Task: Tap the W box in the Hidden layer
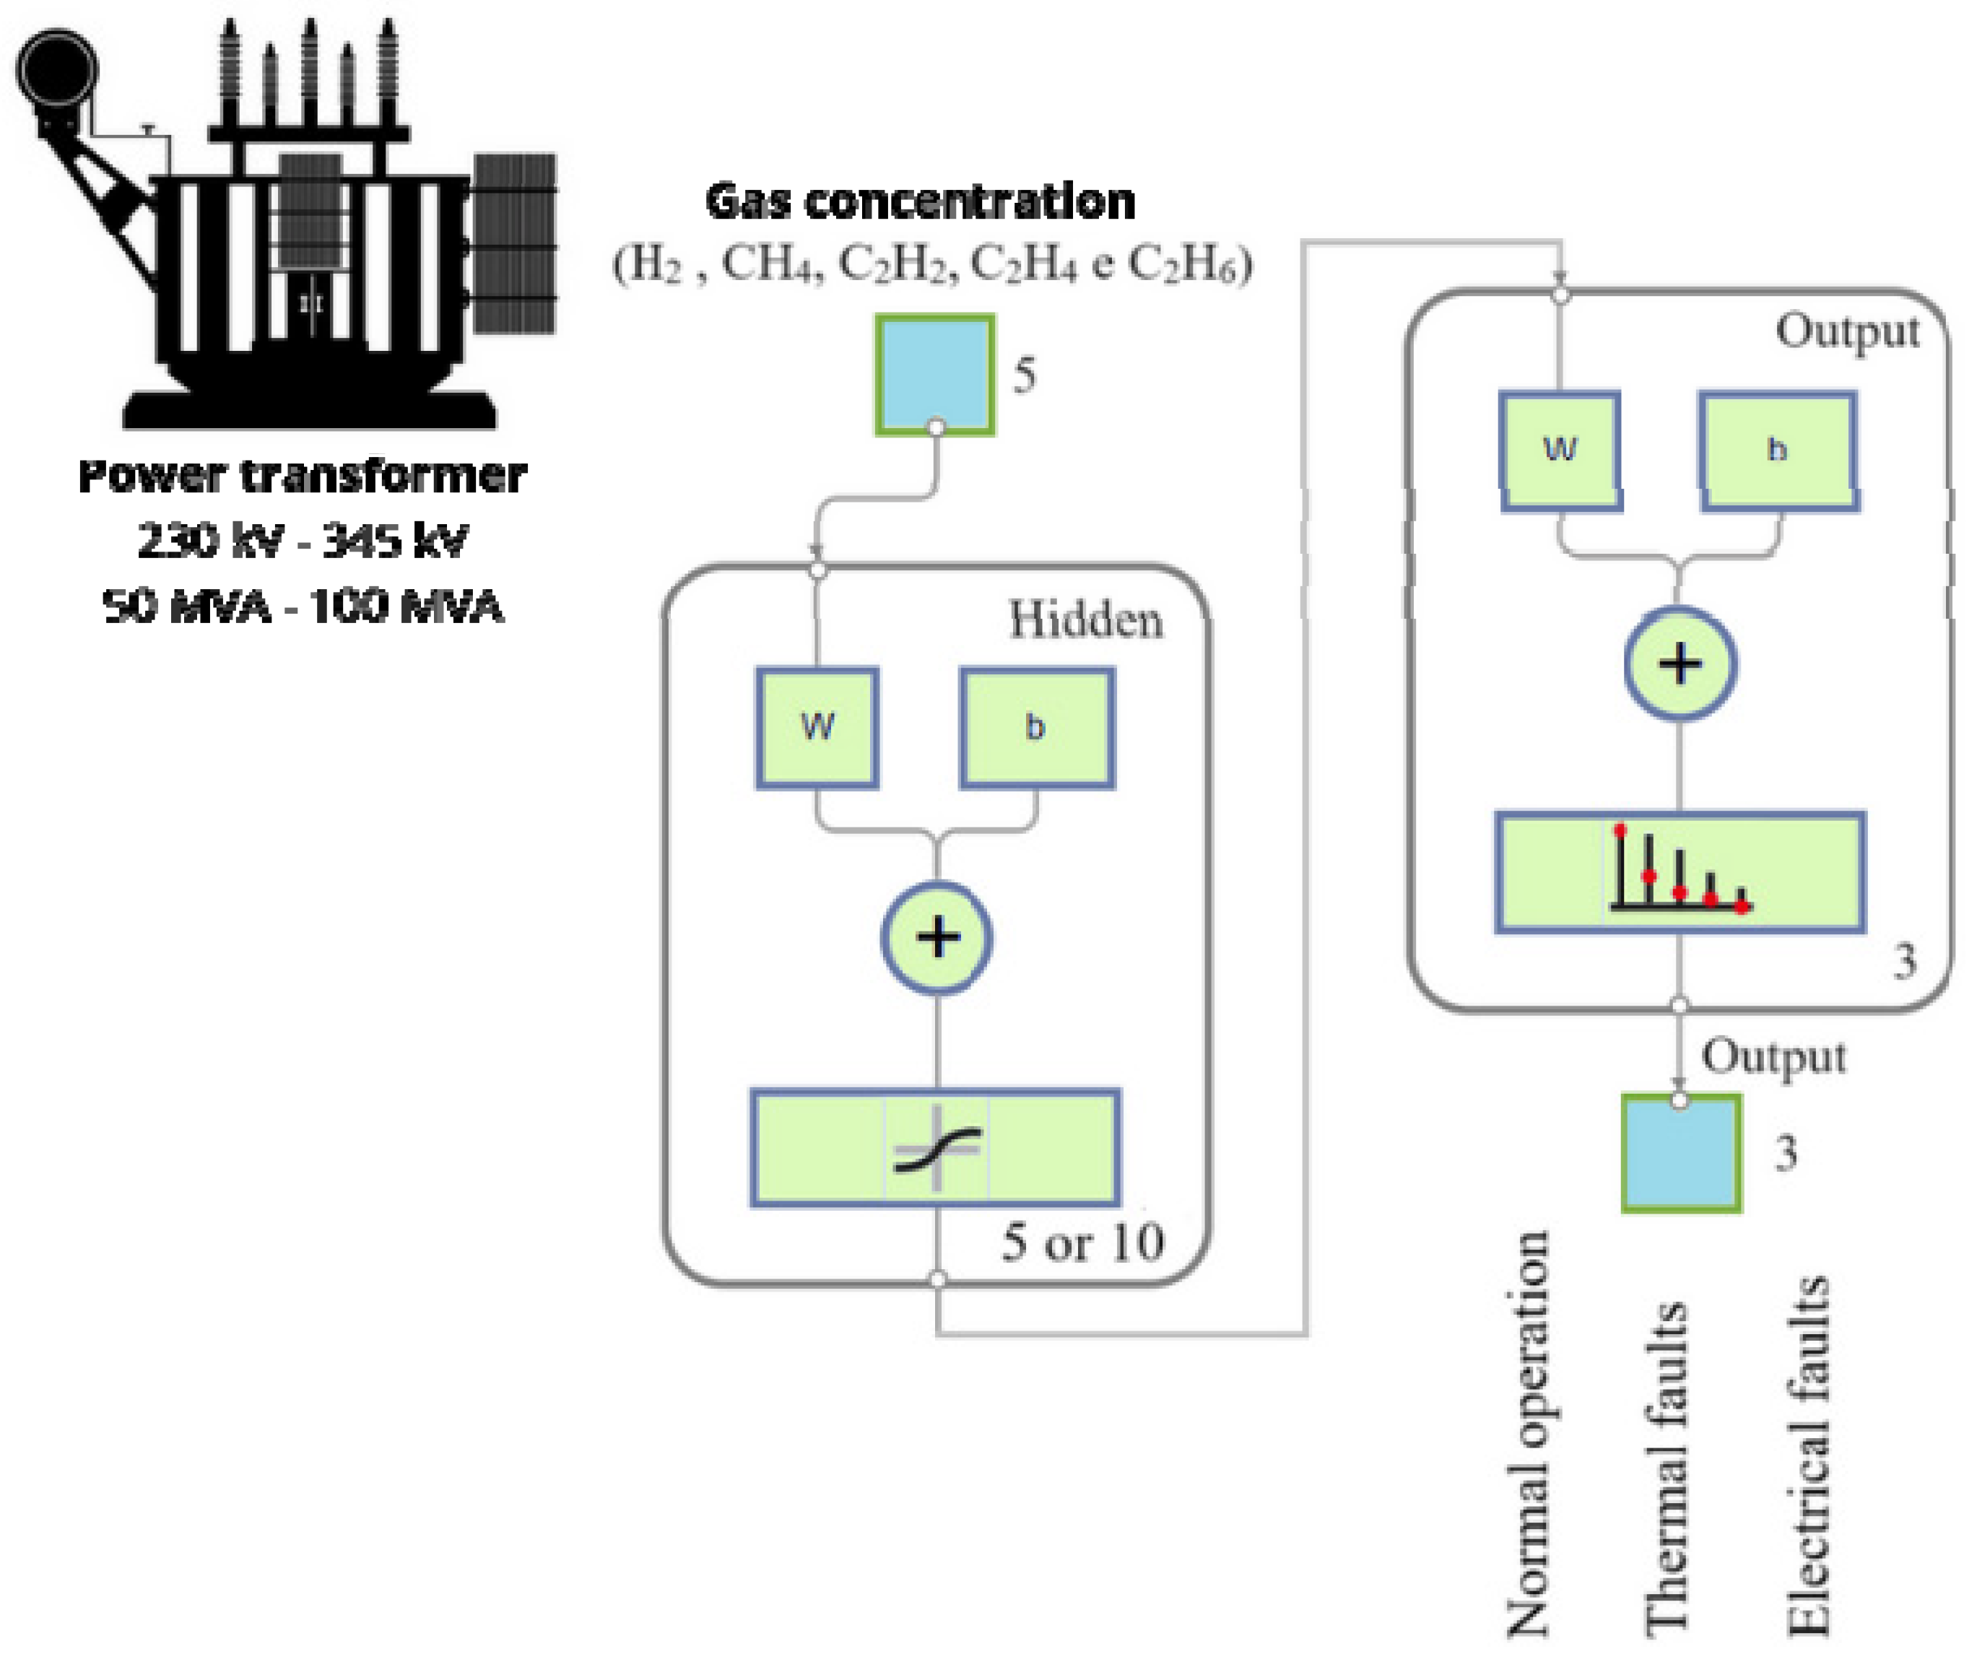click(817, 728)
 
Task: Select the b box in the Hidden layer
click(1037, 728)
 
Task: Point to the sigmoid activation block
click(936, 1148)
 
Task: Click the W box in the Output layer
click(1560, 451)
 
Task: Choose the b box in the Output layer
click(1778, 451)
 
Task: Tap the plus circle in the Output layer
click(1680, 663)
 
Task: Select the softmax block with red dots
click(1680, 872)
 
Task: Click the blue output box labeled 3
click(1681, 1153)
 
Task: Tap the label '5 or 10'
click(1083, 1241)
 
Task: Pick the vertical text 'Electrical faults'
click(1808, 1455)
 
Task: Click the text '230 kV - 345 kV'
click(303, 541)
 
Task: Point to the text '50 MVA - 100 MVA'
click(303, 606)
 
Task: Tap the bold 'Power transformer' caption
click(303, 475)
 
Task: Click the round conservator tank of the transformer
click(57, 71)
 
